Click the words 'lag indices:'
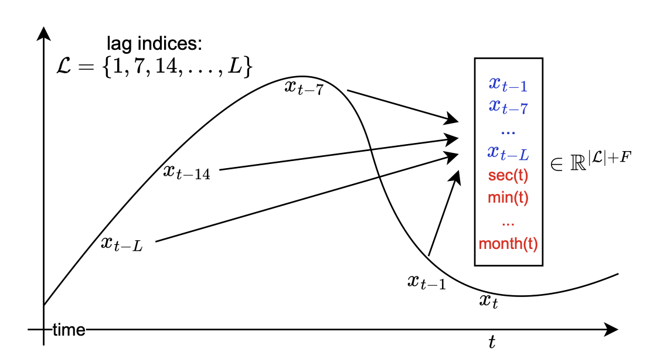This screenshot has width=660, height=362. (155, 44)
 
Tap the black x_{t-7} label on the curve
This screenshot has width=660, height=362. (304, 88)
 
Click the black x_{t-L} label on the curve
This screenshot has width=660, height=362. (122, 244)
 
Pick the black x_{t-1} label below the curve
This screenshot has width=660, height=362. (427, 282)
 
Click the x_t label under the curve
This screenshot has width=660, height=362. (489, 302)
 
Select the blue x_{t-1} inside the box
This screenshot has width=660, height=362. (508, 86)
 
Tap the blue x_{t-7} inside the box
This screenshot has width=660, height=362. (508, 107)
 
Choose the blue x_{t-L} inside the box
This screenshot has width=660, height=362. (508, 154)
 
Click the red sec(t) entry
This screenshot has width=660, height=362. (508, 176)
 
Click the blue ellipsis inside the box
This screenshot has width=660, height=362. (508, 130)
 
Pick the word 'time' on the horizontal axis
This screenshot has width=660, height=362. (69, 330)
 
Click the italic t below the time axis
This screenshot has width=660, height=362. (492, 343)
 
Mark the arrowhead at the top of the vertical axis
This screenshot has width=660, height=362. (43, 33)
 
